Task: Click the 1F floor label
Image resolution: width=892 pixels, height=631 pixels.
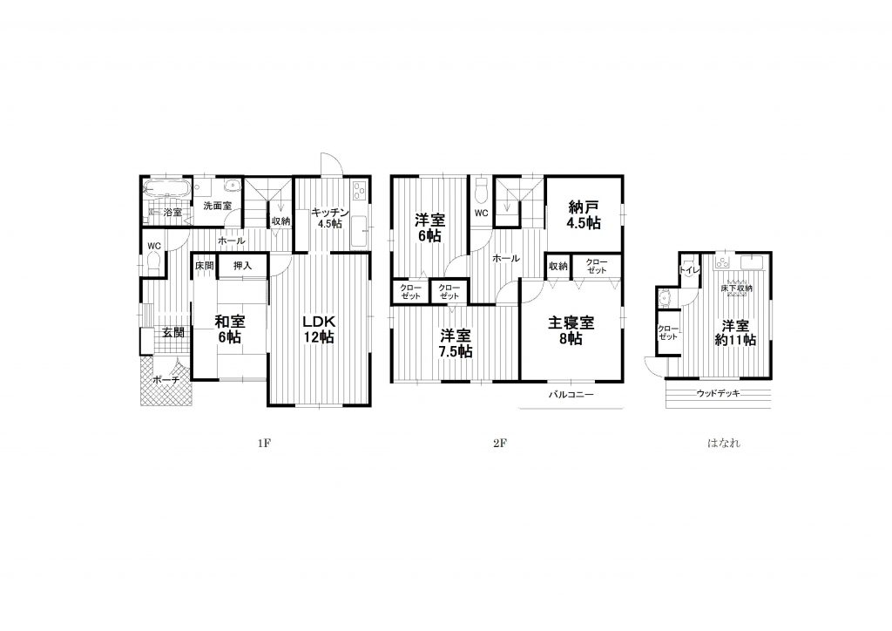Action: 263,443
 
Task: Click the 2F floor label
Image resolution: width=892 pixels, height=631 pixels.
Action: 500,443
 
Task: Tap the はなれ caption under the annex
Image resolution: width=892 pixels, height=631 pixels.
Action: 724,443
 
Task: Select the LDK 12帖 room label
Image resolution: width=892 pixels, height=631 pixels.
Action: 318,328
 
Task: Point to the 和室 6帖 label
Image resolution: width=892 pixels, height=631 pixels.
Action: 229,329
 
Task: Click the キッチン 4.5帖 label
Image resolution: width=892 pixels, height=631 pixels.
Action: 329,218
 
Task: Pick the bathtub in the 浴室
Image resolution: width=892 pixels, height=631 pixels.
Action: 167,188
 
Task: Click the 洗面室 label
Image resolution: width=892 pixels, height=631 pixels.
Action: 217,206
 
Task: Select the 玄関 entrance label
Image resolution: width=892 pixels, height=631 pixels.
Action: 173,333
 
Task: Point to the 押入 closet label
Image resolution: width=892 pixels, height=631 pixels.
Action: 242,266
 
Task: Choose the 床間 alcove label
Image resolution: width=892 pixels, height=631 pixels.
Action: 204,266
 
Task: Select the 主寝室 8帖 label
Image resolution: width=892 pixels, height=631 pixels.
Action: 571,330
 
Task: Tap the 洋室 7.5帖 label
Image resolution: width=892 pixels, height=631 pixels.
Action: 455,343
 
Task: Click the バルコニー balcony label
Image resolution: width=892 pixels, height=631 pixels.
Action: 571,394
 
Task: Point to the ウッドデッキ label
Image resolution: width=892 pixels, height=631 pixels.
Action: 718,392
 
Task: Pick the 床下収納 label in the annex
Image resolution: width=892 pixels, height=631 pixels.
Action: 736,288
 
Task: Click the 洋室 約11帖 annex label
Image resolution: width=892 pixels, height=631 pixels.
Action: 735,333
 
